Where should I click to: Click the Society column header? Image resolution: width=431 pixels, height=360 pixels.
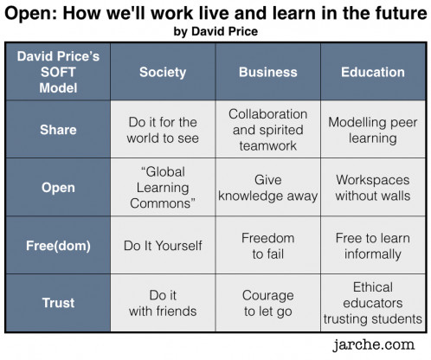pos(163,72)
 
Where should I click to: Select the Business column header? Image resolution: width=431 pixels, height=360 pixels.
pos(268,72)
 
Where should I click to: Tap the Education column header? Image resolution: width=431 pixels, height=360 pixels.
pos(373,72)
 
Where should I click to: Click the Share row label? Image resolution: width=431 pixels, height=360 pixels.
pos(58,130)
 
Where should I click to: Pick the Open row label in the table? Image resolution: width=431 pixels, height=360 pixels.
pos(58,188)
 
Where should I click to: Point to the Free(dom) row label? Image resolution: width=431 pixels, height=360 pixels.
pos(58,246)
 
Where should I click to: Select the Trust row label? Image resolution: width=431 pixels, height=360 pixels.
pos(58,303)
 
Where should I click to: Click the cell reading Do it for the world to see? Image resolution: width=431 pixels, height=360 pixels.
pos(163,130)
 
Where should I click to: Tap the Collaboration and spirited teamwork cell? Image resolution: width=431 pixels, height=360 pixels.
pos(268,130)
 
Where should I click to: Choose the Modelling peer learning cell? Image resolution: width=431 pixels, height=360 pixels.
pos(373,130)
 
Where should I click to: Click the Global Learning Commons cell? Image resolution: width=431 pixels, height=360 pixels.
pos(163,188)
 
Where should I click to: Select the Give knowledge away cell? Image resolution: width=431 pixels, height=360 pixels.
pos(268,188)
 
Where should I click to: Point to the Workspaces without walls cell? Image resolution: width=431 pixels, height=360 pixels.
pos(373,188)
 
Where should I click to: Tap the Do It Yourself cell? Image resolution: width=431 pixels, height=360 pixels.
pos(163,246)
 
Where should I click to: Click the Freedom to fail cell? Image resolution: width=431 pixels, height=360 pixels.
pos(268,246)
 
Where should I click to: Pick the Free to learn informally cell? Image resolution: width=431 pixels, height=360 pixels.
pos(373,246)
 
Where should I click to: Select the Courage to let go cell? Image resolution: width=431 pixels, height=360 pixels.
pos(268,303)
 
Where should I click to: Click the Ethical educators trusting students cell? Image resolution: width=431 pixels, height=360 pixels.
pos(373,303)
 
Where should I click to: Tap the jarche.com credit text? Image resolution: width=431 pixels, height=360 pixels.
pos(374,344)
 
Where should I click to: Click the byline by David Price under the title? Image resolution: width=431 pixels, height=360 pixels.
pos(215,31)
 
